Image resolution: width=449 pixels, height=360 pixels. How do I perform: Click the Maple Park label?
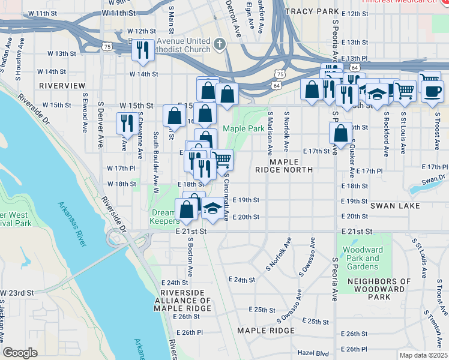[244, 128]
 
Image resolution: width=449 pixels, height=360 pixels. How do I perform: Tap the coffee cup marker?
[432, 91]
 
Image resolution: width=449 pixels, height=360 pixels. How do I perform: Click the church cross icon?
[220, 43]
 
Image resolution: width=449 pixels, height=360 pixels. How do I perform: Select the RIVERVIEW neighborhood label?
[62, 86]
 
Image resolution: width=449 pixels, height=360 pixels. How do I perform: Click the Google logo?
[20, 353]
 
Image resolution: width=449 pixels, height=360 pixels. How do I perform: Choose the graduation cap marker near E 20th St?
[211, 209]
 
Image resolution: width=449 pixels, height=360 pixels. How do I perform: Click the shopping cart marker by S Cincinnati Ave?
[221, 160]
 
